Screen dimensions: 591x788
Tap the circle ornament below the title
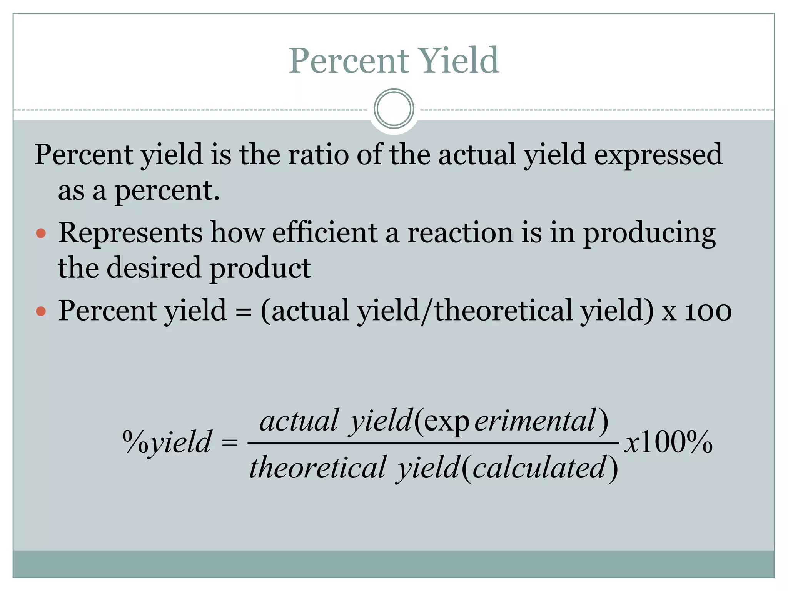click(x=394, y=109)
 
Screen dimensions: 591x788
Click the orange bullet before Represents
click(x=41, y=233)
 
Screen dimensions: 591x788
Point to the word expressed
click(x=658, y=154)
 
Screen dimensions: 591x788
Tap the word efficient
click(x=325, y=232)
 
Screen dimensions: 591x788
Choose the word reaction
click(x=460, y=232)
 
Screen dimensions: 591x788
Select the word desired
click(x=154, y=268)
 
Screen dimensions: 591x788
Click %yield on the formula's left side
click(x=167, y=442)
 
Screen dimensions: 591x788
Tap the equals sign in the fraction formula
click(x=230, y=443)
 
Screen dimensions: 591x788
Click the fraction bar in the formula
click(x=433, y=443)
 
